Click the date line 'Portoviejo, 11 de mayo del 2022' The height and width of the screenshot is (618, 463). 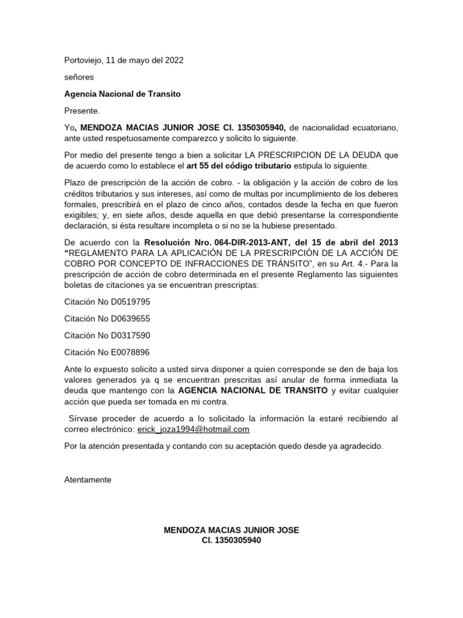pyautogui.click(x=124, y=60)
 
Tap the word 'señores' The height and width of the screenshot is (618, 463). pyautogui.click(x=79, y=77)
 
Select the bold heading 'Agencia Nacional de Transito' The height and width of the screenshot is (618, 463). pyautogui.click(x=122, y=94)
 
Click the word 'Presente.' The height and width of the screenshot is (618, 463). pyautogui.click(x=82, y=111)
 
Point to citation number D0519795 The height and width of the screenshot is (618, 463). pyautogui.click(x=107, y=301)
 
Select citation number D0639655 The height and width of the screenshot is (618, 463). pyautogui.click(x=107, y=318)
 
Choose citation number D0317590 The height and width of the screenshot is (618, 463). pyautogui.click(x=107, y=335)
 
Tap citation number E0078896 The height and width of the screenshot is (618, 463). pyautogui.click(x=107, y=352)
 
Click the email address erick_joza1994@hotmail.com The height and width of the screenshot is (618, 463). pyautogui.click(x=194, y=429)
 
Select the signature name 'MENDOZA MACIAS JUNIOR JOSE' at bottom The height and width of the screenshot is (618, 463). pyautogui.click(x=231, y=530)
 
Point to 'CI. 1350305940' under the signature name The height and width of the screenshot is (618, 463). pyautogui.click(x=231, y=541)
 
